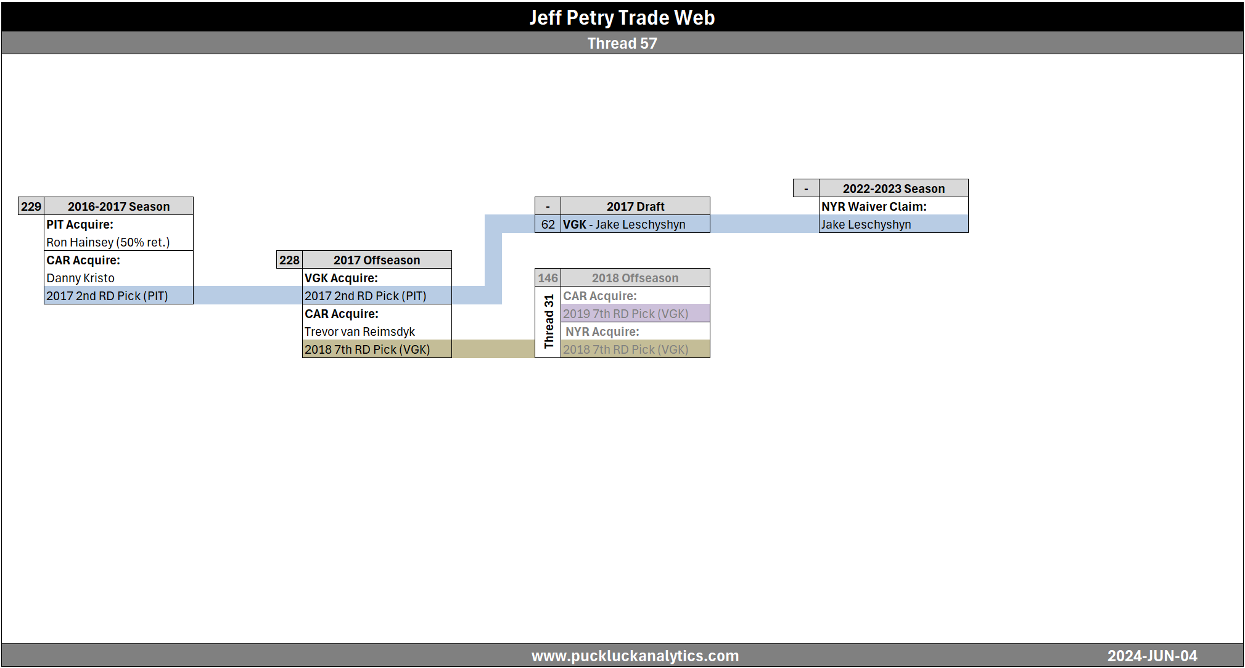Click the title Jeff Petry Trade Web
pos(622,17)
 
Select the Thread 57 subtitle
pos(622,43)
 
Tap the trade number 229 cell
pos(31,206)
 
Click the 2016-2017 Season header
pos(118,206)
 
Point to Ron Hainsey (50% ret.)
pos(108,242)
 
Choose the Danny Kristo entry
pos(80,278)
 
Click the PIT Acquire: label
pos(80,224)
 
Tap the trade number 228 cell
pos(289,260)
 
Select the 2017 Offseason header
pos(377,260)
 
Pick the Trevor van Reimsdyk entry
pos(360,332)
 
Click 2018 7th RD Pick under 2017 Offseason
pos(367,349)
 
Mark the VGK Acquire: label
pos(341,278)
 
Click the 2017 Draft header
pos(635,206)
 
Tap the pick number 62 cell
pos(548,224)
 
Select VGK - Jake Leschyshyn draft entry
pos(624,224)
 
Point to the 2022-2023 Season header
pos(894,189)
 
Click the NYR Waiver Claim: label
pos(874,206)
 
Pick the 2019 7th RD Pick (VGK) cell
pos(625,314)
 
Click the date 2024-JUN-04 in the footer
pos(1152,656)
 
